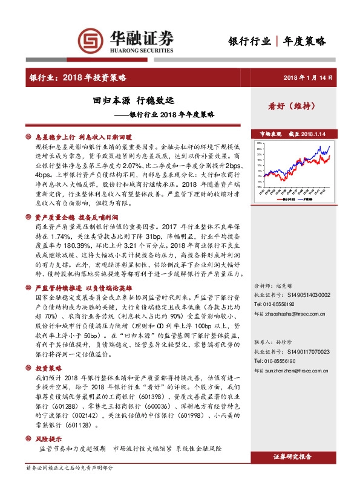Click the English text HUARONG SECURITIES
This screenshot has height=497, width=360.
tap(142, 53)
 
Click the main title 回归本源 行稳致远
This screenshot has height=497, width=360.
tap(129, 100)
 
